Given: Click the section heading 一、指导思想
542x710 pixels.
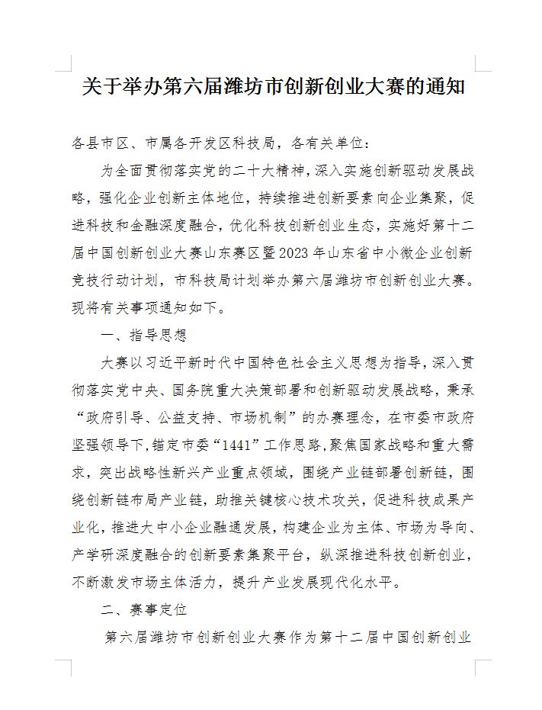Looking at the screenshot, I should pos(143,336).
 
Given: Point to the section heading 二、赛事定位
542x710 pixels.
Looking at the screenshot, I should pos(143,610).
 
